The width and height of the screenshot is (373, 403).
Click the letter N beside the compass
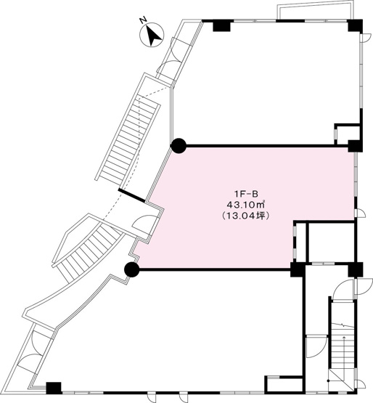[142, 20]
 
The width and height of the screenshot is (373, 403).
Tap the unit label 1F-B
[245, 192]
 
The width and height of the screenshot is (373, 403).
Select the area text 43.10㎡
[245, 204]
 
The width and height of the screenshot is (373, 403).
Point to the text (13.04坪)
[245, 216]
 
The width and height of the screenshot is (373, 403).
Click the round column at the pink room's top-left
[179, 146]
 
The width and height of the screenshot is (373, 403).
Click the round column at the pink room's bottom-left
[131, 269]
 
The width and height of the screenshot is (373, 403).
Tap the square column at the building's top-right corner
[356, 25]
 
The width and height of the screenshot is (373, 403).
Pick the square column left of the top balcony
[221, 25]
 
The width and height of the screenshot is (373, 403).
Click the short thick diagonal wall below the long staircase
[132, 195]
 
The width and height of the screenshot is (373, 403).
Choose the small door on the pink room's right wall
[360, 213]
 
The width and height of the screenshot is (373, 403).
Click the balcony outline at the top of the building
[316, 11]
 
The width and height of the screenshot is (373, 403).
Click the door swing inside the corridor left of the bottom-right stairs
[316, 346]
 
